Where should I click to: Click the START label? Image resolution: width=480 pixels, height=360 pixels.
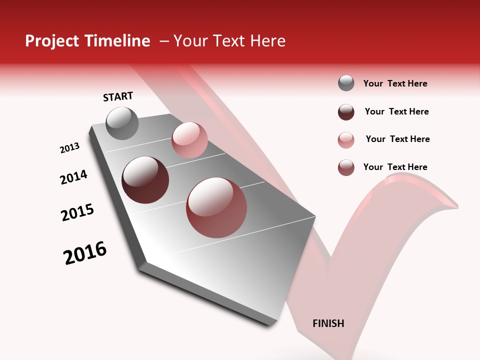(x=118, y=96)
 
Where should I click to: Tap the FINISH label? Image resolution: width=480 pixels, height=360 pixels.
(x=328, y=323)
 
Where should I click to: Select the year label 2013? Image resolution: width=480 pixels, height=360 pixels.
(x=69, y=148)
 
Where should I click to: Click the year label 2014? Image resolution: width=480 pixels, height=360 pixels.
(x=73, y=177)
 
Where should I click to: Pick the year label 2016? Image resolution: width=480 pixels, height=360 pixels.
(x=85, y=253)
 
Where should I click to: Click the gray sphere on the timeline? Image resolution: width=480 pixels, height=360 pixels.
(x=122, y=123)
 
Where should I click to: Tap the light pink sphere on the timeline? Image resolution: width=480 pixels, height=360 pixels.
(x=189, y=140)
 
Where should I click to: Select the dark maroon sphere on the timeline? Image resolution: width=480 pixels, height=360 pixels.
(x=145, y=180)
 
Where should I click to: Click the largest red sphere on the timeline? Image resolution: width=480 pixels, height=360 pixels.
(x=216, y=207)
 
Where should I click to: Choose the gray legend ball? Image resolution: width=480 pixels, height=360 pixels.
(x=346, y=83)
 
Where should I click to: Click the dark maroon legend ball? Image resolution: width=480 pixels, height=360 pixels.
(x=346, y=112)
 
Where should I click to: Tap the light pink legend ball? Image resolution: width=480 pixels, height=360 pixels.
(x=346, y=140)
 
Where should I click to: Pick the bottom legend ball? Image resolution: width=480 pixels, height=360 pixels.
(x=346, y=167)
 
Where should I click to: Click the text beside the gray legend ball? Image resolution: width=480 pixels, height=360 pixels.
(x=395, y=83)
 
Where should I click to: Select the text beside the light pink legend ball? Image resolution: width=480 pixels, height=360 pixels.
(x=397, y=139)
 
